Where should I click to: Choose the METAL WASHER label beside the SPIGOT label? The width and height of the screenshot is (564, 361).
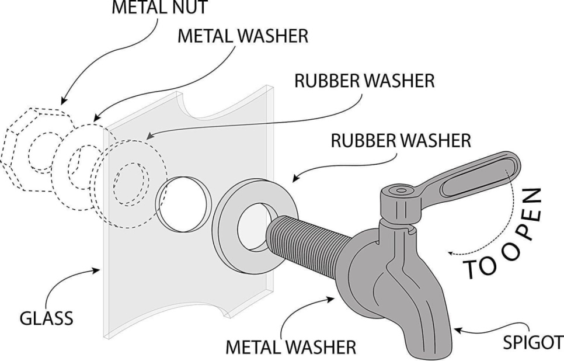291,347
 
